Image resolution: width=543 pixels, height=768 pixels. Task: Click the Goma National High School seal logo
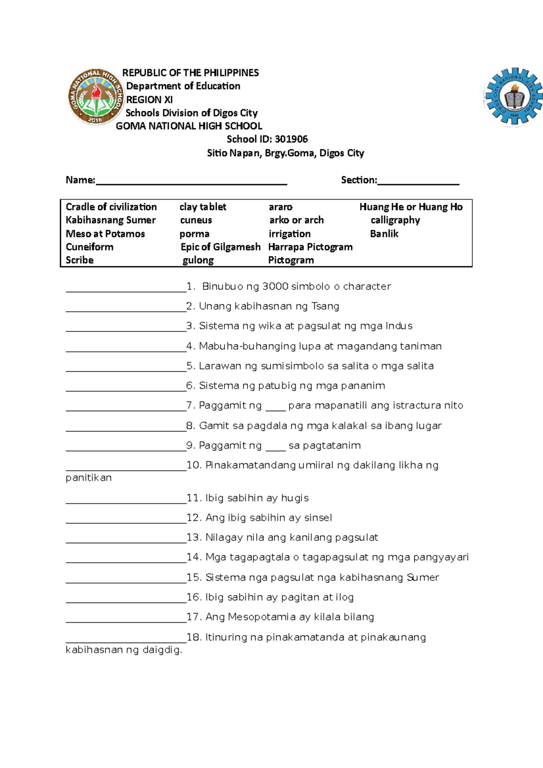(x=95, y=97)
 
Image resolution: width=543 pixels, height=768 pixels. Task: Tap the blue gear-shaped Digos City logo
(x=513, y=97)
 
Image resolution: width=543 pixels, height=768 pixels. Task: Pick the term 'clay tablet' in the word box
(x=203, y=207)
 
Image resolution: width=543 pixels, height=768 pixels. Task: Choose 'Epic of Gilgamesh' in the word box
(x=220, y=247)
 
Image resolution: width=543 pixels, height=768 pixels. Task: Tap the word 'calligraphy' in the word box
(x=395, y=220)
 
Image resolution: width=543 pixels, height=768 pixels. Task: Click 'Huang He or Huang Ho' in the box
(x=411, y=207)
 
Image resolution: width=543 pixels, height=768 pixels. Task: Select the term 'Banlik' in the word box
(x=384, y=234)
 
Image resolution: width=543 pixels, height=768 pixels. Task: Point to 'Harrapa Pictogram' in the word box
(x=310, y=247)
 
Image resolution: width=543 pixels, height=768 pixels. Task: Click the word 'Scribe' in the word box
(x=80, y=260)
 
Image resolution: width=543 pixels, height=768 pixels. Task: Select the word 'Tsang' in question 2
(x=325, y=306)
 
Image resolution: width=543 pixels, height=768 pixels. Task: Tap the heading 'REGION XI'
(x=149, y=100)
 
